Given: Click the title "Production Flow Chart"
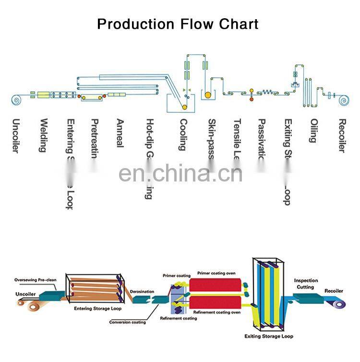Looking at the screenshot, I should [178, 24].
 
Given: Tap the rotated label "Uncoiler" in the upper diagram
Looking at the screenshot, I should [16, 136].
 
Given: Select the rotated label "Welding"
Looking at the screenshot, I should [43, 135].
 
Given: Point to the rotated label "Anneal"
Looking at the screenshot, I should [120, 133].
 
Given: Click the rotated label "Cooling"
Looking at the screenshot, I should [183, 134].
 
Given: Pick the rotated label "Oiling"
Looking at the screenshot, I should [313, 131].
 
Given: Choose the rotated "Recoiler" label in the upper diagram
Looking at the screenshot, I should [342, 136].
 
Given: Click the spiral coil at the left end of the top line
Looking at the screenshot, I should [16, 100].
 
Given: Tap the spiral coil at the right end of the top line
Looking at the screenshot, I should [343, 100].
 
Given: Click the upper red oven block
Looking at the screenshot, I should [216, 285].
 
